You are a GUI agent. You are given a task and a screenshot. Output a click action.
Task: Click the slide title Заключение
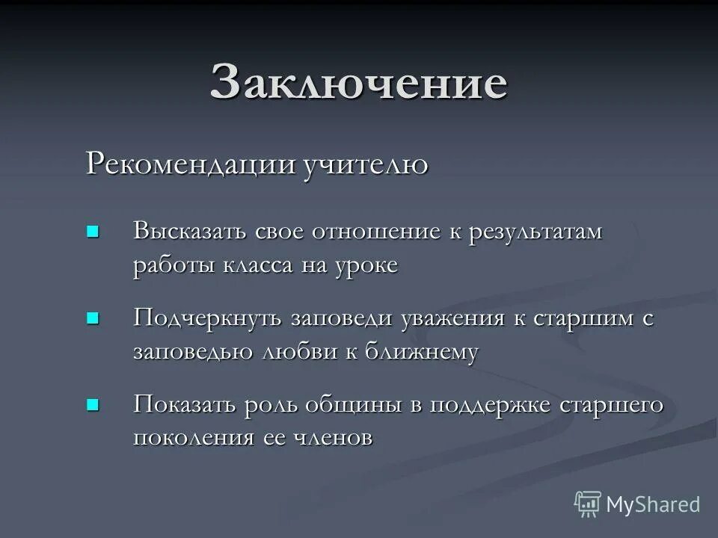coord(358,82)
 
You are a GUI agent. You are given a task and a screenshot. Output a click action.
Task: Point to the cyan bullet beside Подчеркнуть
coord(93,318)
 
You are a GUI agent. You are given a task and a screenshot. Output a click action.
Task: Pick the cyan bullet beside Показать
coord(93,405)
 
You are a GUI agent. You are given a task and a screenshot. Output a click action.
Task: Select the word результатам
coord(536,231)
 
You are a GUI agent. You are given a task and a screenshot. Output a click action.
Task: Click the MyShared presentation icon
coord(587,504)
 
